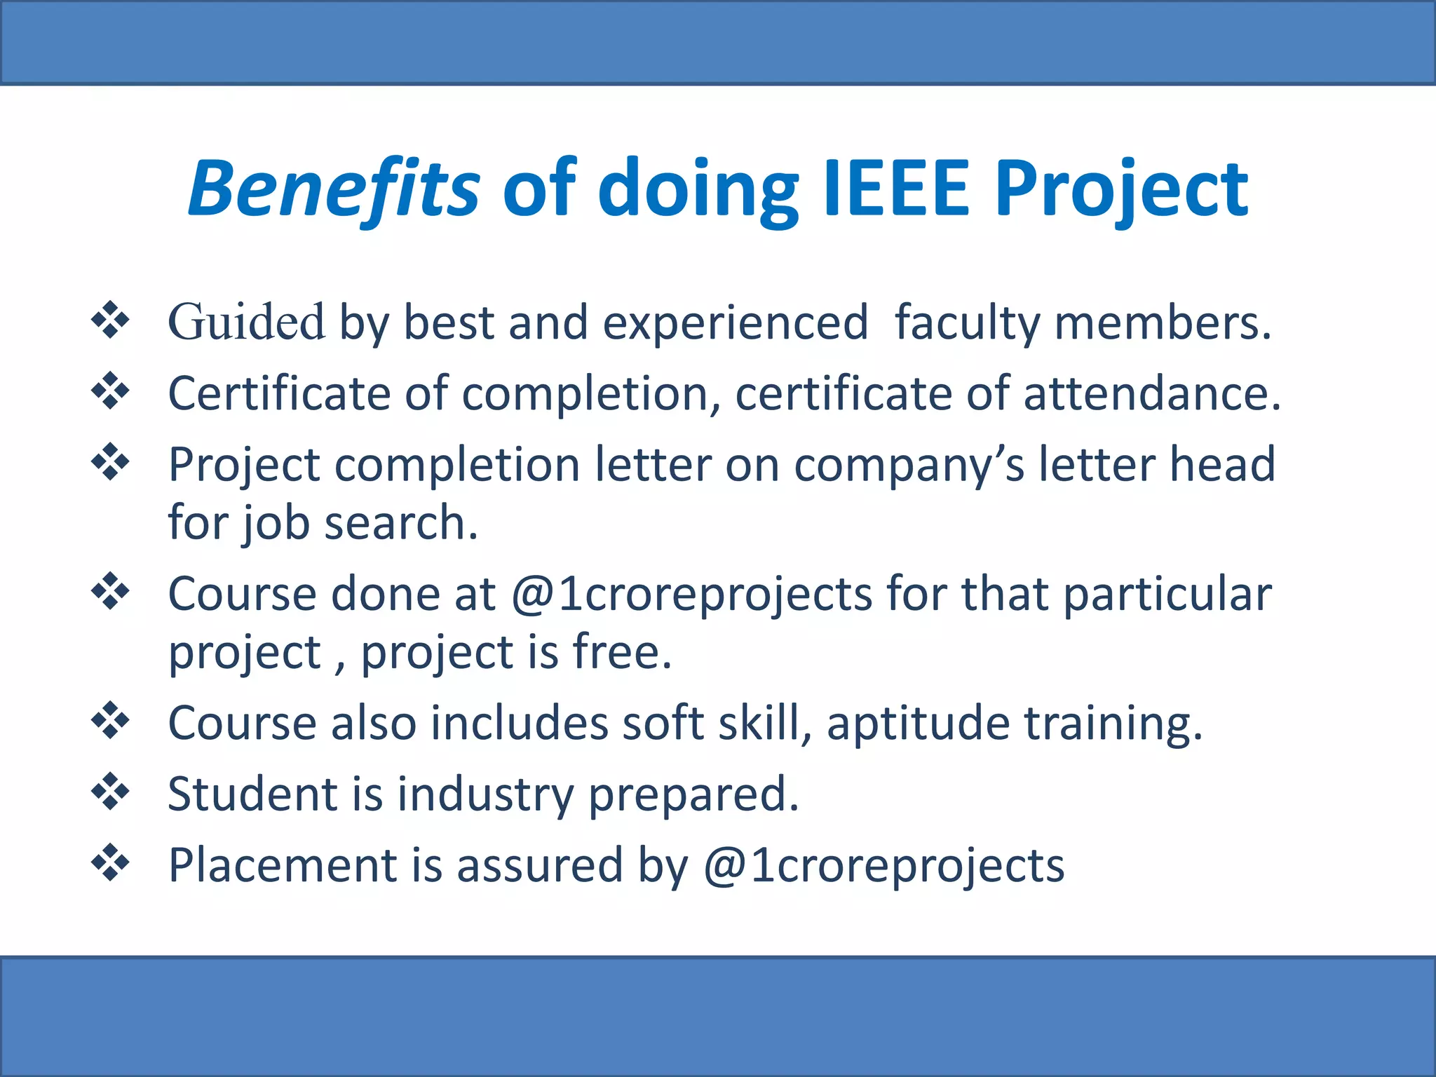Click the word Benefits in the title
tap(334, 188)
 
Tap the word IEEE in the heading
tap(896, 188)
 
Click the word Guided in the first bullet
tap(246, 322)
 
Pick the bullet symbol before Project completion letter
tap(111, 462)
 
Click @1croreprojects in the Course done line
tap(691, 594)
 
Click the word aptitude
tap(918, 724)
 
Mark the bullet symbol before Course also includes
tap(111, 721)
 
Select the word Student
tap(252, 794)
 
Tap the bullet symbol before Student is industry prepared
tap(111, 792)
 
